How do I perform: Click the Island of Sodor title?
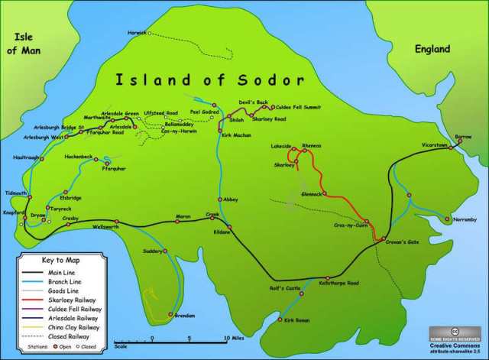(x=209, y=79)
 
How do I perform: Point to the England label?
(x=433, y=49)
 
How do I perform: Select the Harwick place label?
(x=136, y=32)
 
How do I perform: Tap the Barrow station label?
(x=464, y=136)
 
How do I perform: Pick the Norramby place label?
(x=444, y=219)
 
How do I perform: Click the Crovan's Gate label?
(x=402, y=242)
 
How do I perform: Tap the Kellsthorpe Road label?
(x=341, y=284)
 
